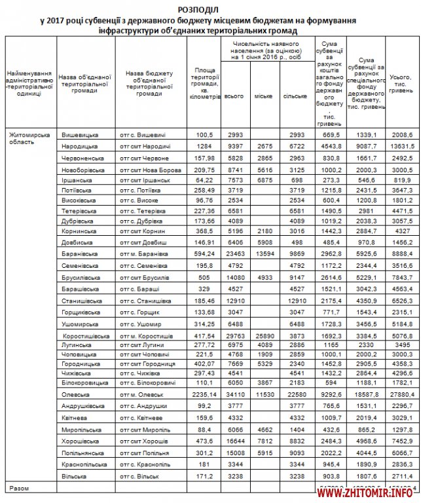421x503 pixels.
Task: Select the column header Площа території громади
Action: click(204, 83)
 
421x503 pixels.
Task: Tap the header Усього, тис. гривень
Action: click(401, 83)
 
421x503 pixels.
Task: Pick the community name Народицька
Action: click(80, 146)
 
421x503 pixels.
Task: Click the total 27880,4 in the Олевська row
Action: click(401, 395)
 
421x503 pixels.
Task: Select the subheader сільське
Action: click(295, 96)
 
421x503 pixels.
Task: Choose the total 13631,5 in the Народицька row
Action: click(401, 146)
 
